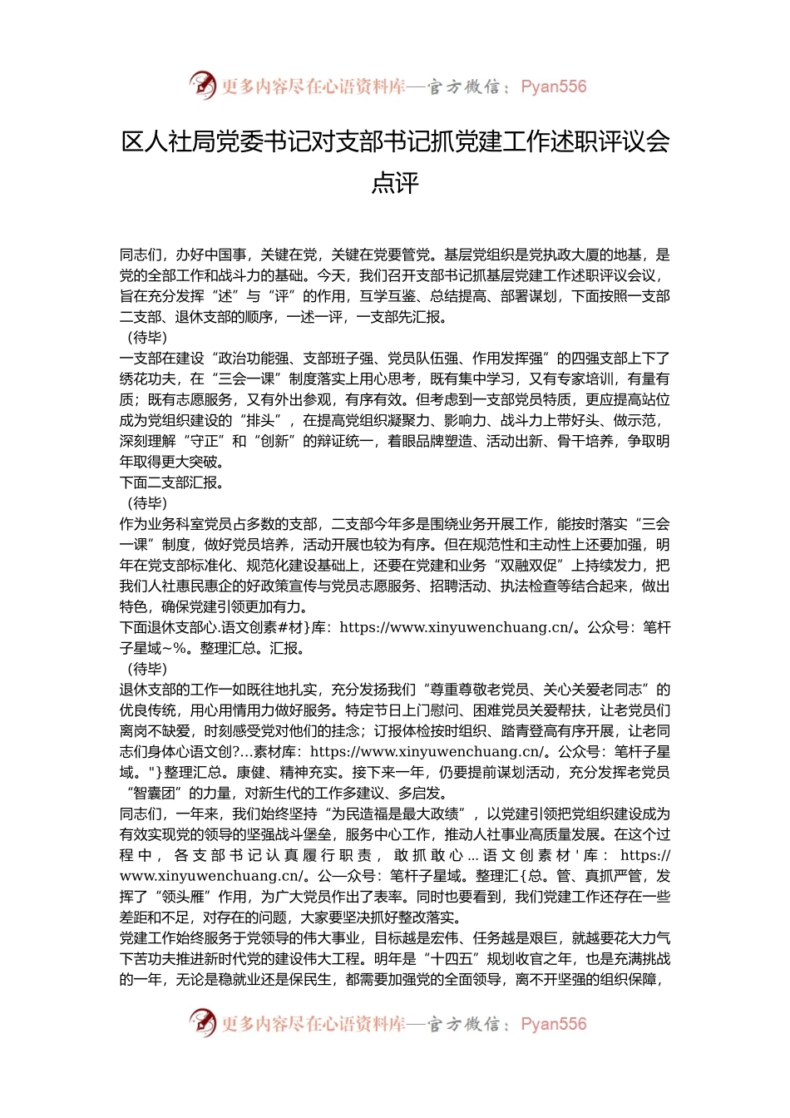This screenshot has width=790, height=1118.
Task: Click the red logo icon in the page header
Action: (x=202, y=85)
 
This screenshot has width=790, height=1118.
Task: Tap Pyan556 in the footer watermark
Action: (x=553, y=1024)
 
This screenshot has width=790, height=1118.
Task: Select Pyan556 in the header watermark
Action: (x=553, y=87)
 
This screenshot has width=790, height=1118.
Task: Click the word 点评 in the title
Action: (x=395, y=183)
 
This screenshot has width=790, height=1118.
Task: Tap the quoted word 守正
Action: (x=205, y=441)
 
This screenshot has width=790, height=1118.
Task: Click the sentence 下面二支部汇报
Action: (x=170, y=482)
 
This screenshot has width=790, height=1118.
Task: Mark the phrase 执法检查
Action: (x=529, y=586)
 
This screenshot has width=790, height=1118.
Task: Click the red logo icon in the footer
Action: (x=202, y=1022)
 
